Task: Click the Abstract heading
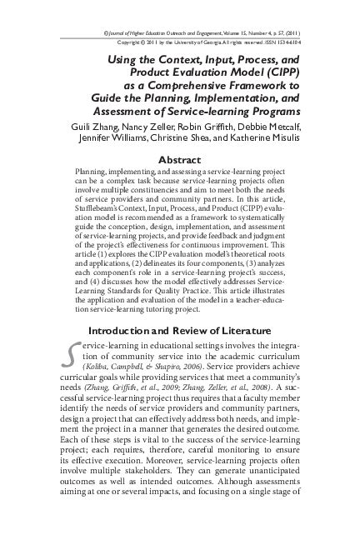[180, 160]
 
